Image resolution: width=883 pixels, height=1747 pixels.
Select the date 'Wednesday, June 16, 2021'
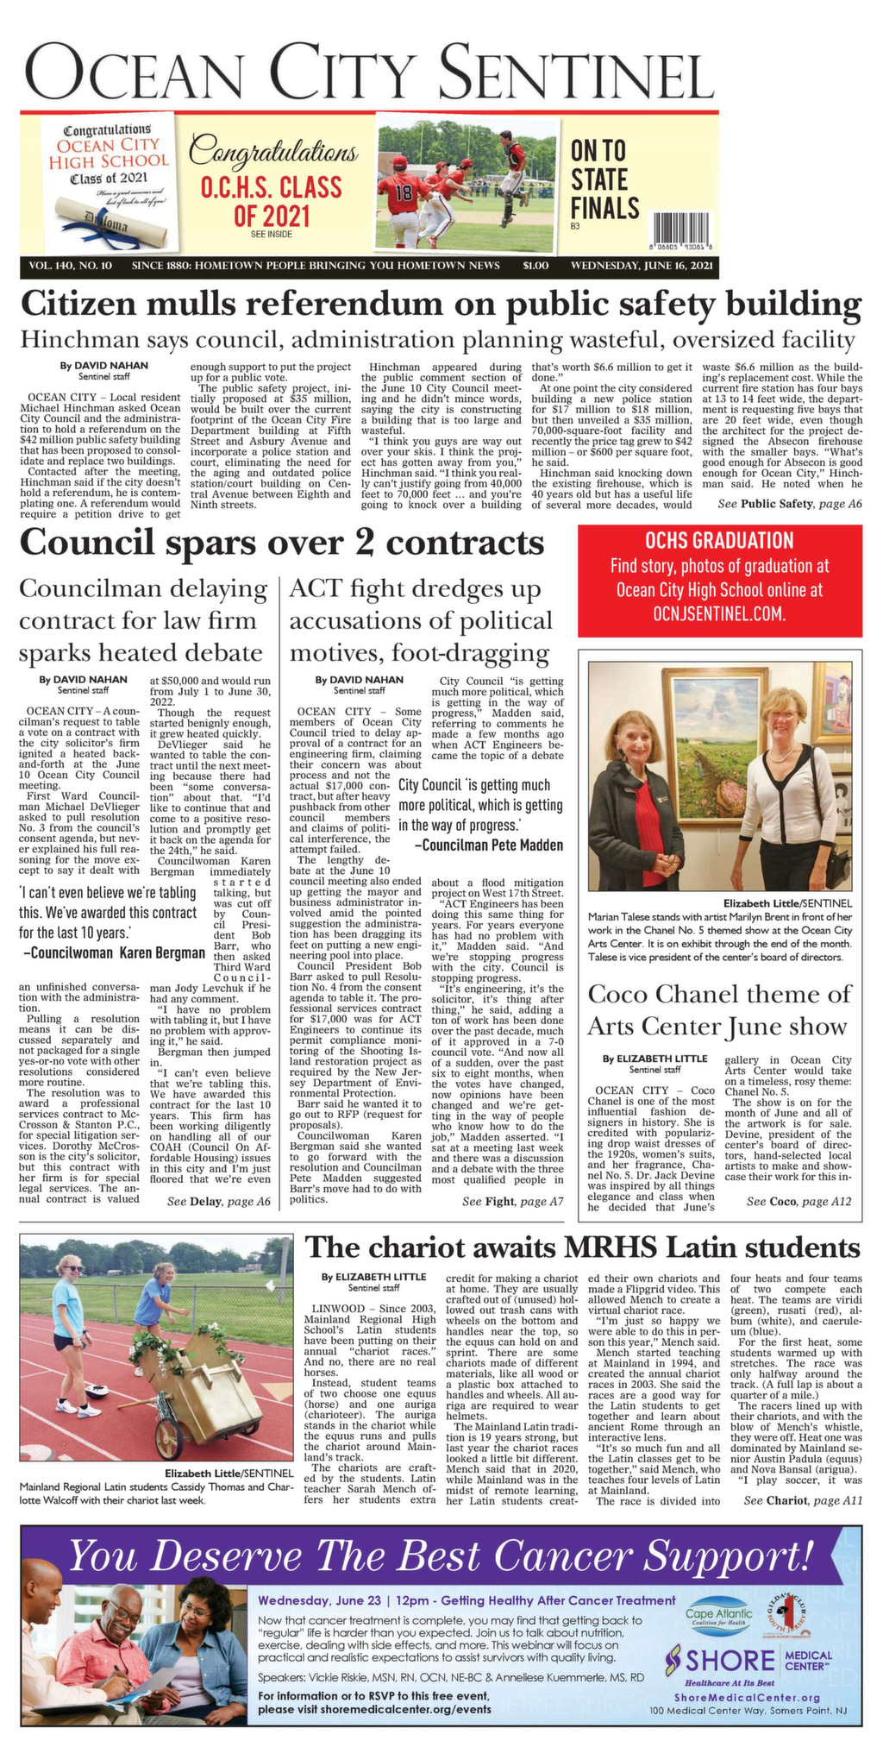pyautogui.click(x=642, y=266)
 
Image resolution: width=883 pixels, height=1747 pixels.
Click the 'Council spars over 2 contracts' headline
pyautogui.click(x=281, y=544)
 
